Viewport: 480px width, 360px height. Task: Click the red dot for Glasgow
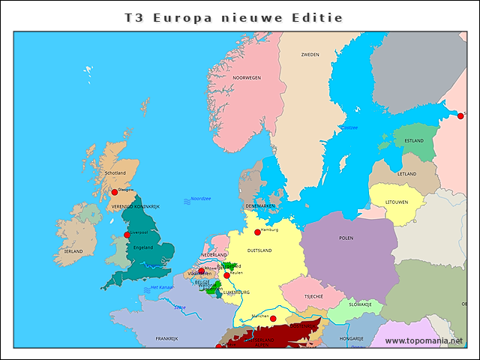115,192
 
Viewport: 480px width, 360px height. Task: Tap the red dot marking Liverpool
127,235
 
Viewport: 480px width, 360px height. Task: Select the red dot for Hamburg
257,232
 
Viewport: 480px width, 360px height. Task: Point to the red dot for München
273,319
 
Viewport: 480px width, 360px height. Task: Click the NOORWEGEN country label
246,77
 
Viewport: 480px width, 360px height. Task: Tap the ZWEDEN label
310,55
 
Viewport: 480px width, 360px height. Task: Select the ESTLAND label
414,140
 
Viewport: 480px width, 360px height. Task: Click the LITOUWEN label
397,202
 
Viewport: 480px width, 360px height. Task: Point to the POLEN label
346,238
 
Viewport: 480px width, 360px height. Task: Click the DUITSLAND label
259,250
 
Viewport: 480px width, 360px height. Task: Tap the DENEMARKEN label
260,205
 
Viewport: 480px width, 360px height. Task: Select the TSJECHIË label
313,296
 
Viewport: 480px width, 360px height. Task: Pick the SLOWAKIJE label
359,304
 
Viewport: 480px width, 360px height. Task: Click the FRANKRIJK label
166,339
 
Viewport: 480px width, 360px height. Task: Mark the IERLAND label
73,251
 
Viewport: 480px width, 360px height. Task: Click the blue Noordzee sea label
200,199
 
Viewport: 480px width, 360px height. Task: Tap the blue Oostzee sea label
349,127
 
